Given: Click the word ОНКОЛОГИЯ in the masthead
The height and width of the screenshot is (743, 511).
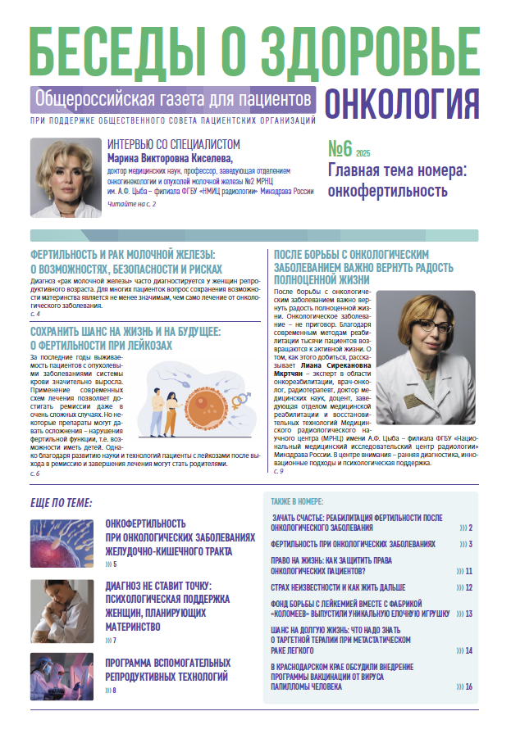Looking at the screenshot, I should (402, 103).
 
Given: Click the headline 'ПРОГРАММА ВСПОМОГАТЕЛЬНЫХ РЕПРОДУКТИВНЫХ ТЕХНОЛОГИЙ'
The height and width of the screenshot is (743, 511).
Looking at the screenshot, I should (168, 669).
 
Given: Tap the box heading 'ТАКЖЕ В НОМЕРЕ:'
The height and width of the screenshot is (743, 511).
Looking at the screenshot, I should (297, 501).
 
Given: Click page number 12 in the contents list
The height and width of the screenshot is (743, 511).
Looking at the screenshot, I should (468, 587).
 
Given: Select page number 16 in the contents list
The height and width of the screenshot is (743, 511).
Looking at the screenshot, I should (468, 686).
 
